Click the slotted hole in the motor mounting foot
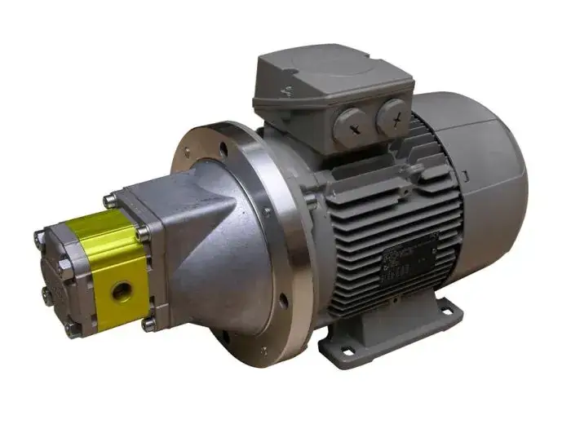(448, 308)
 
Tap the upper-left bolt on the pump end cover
(39, 237)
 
